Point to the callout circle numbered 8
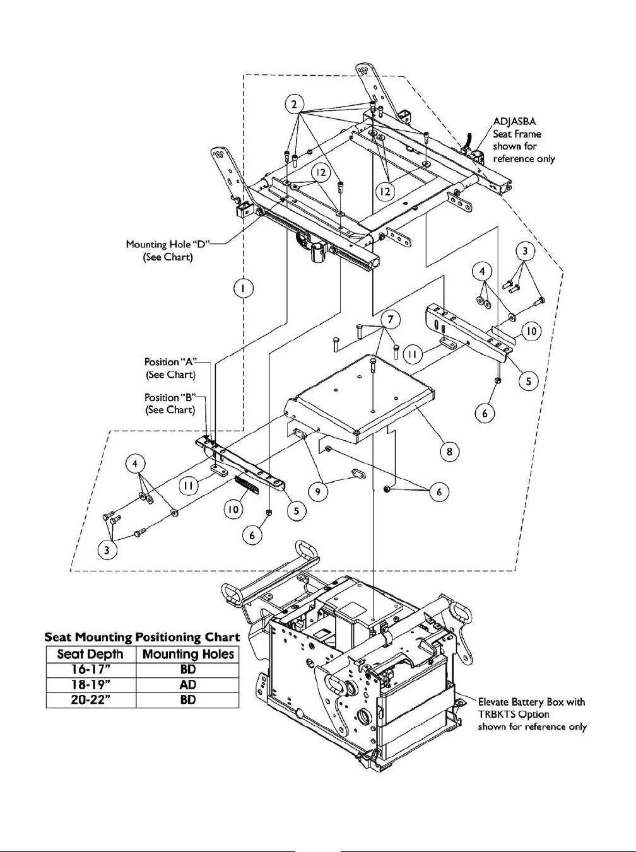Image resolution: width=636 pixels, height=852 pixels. [x=449, y=452]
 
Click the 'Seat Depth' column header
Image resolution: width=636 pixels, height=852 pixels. [x=91, y=654]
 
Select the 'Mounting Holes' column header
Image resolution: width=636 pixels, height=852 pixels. [x=188, y=654]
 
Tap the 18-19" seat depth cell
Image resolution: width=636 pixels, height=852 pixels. [x=91, y=684]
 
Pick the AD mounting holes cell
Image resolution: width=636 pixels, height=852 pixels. [x=188, y=684]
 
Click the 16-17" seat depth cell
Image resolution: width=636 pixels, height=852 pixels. [x=91, y=669]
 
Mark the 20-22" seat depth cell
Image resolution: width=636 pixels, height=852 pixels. [x=91, y=699]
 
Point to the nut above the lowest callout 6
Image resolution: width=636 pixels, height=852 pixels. [x=269, y=512]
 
